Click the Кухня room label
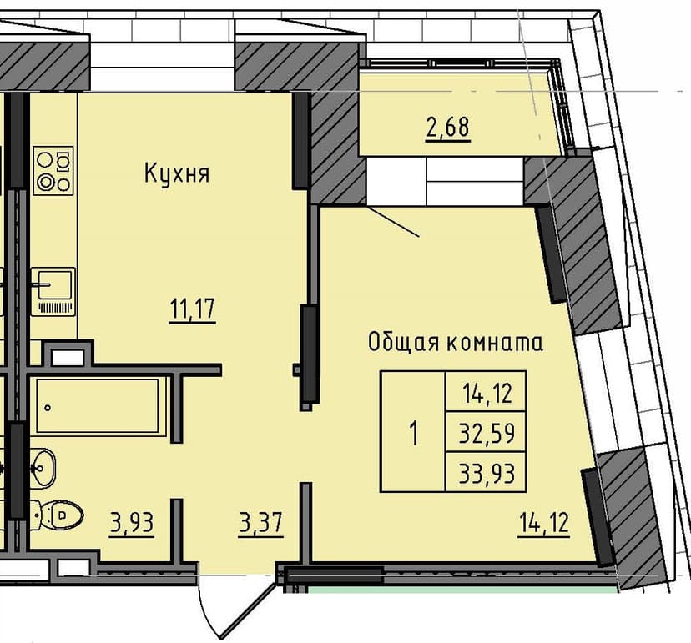176,174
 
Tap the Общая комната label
456,342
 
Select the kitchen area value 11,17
193,309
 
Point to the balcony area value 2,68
447,128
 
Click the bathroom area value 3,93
133,525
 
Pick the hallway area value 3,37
261,525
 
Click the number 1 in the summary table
413,434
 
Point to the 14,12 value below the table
544,525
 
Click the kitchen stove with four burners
54,170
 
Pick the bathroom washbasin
43,468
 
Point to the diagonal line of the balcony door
393,222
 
